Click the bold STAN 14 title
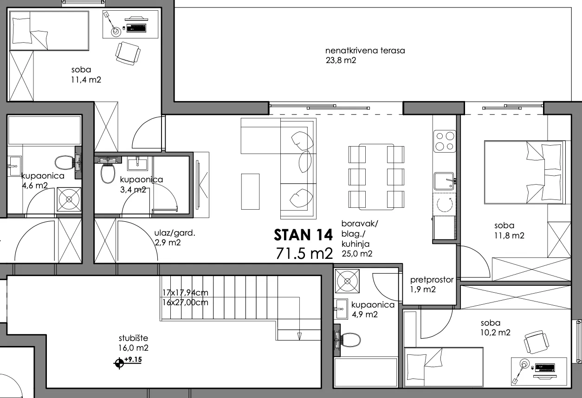303,235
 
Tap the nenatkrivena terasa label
365,51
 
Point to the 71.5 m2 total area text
304,253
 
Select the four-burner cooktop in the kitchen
445,141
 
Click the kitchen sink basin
444,181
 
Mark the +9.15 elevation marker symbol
119,363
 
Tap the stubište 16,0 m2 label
133,343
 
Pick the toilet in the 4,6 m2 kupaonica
65,162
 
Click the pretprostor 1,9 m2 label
432,284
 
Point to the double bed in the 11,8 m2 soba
524,172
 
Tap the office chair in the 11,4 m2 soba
128,53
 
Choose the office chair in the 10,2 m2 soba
537,342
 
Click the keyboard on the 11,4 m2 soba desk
136,28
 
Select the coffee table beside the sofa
250,191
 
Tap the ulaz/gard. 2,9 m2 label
175,238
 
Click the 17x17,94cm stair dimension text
185,293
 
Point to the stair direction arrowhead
299,336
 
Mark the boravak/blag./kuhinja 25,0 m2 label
360,238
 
